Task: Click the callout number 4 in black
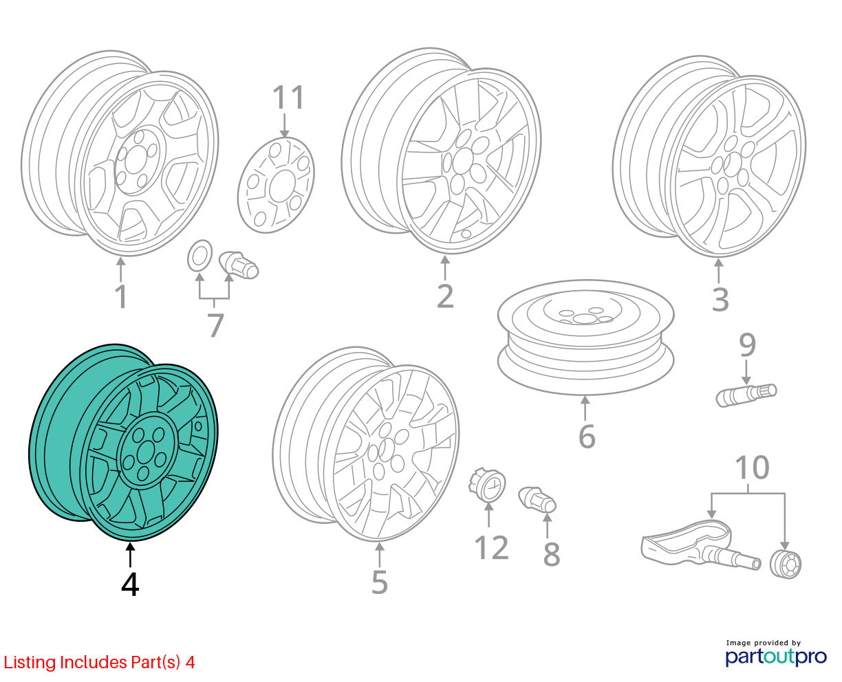130,584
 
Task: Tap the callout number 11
288,97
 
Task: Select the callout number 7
215,324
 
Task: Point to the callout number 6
587,437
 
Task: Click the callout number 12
491,548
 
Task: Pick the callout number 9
747,346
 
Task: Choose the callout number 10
752,467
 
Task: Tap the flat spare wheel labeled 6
586,337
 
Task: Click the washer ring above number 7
199,256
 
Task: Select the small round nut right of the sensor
786,564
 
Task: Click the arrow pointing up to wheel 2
445,268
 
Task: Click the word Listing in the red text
30,663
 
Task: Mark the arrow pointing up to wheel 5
379,555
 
